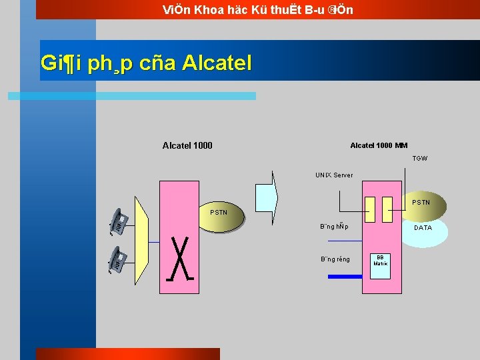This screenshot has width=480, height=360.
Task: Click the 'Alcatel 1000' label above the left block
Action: [x=187, y=145]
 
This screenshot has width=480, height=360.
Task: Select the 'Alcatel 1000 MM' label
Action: [x=379, y=145]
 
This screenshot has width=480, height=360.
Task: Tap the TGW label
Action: [x=419, y=159]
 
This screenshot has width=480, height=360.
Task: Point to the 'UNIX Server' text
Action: [x=334, y=175]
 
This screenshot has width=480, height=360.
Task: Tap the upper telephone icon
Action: [x=118, y=221]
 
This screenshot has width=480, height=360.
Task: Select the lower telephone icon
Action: [x=118, y=259]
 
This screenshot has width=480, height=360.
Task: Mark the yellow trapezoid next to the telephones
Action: [x=141, y=240]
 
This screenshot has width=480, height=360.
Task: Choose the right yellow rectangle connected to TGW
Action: [x=387, y=209]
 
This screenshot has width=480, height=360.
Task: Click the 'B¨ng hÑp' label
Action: [x=334, y=227]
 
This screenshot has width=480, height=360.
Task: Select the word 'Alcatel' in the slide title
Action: [x=217, y=63]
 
